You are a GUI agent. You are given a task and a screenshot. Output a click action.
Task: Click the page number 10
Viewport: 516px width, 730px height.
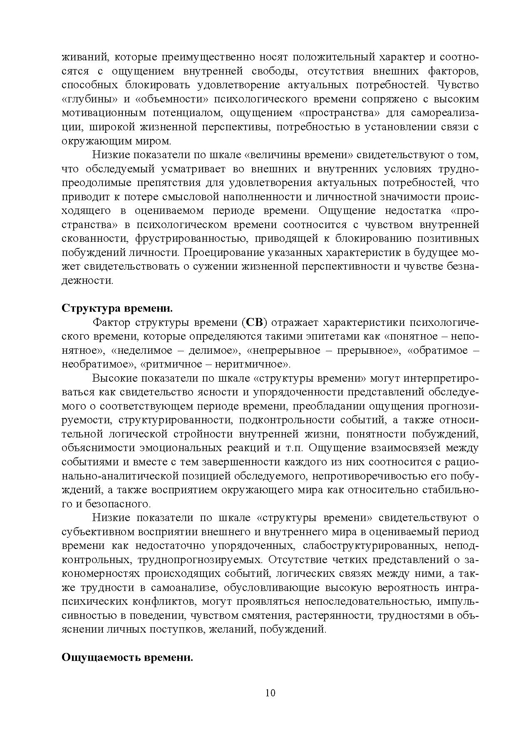point(270,693)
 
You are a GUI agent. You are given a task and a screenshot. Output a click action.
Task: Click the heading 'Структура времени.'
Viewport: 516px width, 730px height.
point(117,308)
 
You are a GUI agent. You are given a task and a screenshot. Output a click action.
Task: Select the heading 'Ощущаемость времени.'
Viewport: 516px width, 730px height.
point(127,658)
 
